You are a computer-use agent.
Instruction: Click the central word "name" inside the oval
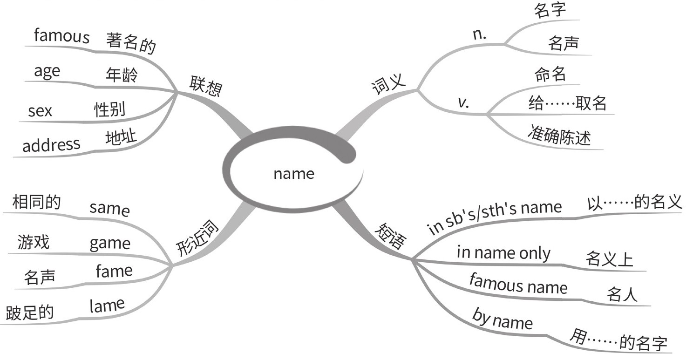[x=294, y=174]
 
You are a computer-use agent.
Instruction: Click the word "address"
[x=51, y=145]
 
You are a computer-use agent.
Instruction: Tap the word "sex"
[x=40, y=111]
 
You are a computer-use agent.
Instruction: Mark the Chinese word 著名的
[x=131, y=43]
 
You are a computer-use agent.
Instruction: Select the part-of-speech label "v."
[x=463, y=102]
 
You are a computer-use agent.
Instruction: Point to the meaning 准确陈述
[x=559, y=134]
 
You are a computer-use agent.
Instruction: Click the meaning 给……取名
[x=567, y=102]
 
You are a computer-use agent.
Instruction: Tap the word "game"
[x=110, y=243]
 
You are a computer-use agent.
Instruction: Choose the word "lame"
[x=107, y=306]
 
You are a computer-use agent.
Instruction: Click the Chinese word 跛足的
[x=30, y=312]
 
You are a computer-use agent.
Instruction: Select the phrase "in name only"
[x=503, y=253]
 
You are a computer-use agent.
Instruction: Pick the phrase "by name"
[x=502, y=319]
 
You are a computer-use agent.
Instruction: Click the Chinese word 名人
[x=622, y=294]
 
